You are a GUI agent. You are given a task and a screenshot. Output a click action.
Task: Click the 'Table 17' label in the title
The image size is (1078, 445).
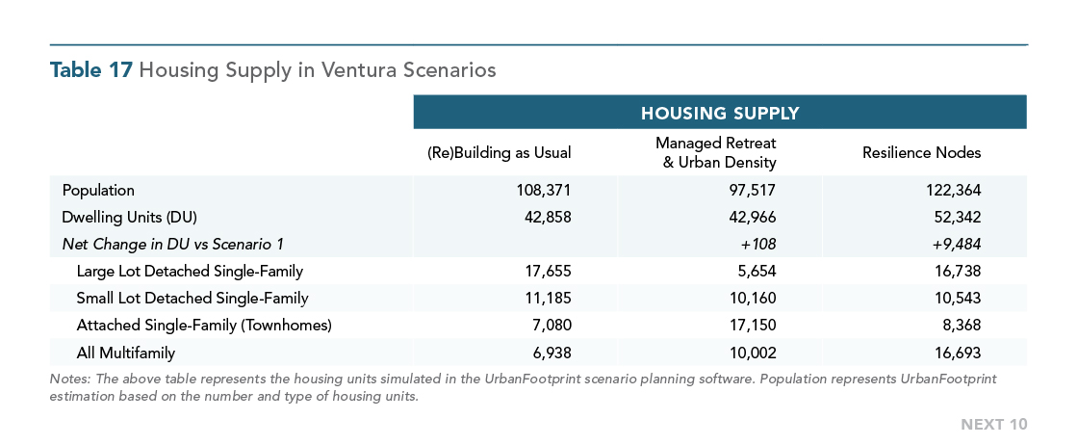[x=90, y=70]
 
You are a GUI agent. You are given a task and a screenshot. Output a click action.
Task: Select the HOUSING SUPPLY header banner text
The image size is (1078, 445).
[x=720, y=113]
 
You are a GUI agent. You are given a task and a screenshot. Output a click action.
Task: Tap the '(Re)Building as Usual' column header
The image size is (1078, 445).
[x=500, y=153]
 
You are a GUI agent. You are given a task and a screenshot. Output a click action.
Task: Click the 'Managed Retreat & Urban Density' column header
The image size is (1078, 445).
[x=716, y=153]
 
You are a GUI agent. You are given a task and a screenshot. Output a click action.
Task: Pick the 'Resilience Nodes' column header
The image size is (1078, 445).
[x=921, y=153]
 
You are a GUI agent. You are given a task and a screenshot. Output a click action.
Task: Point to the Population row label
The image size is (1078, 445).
[x=98, y=190]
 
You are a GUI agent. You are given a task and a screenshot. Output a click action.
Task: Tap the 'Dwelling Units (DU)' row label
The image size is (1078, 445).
[x=130, y=218]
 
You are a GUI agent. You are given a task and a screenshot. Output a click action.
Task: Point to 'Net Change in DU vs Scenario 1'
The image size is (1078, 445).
[x=172, y=244]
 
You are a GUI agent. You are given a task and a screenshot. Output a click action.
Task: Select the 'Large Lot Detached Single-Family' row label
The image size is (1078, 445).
[x=190, y=271]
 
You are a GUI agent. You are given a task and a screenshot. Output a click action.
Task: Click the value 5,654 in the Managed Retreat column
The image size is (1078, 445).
[x=757, y=271]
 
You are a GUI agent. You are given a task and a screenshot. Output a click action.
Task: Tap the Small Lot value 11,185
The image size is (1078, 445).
[x=548, y=299]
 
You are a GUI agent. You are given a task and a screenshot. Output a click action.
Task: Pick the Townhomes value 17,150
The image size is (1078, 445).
[x=754, y=326]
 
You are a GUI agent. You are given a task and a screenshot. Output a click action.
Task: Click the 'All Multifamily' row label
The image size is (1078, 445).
[x=126, y=353]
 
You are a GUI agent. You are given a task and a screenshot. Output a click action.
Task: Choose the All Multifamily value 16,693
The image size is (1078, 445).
[x=958, y=353]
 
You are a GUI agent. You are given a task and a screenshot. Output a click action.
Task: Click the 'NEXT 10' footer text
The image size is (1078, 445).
[x=994, y=425]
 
